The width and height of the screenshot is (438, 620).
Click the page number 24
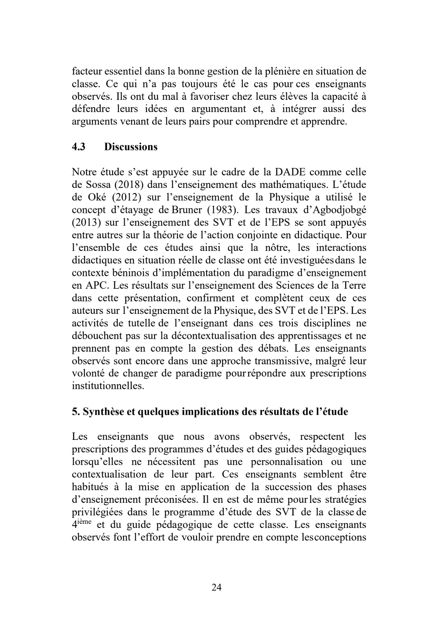pos(217,587)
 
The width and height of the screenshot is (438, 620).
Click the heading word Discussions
pos(131,147)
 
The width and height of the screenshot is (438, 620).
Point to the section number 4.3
pos(78,147)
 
